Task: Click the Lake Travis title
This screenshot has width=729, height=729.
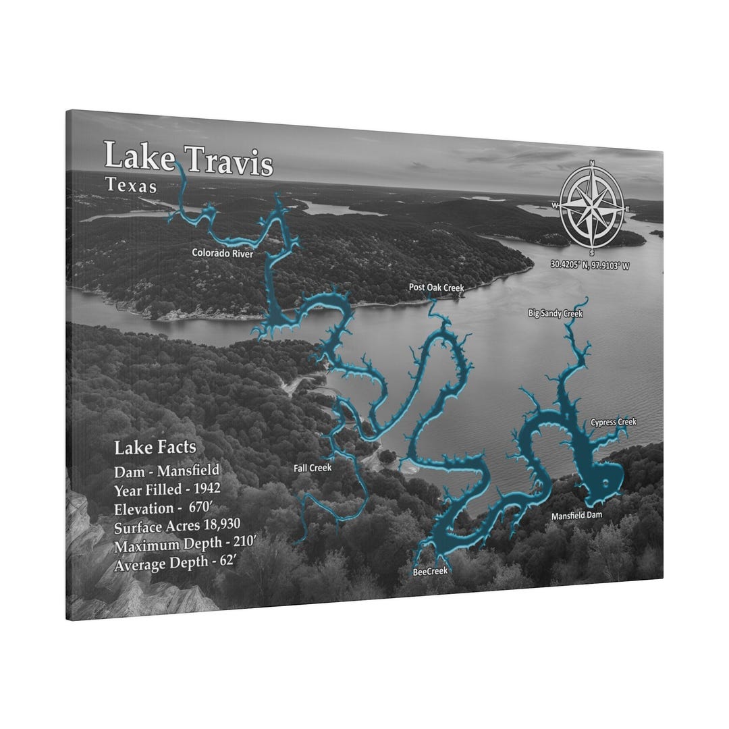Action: coord(188,159)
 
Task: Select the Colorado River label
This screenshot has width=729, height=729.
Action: coord(222,254)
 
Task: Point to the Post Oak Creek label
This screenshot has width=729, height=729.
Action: coord(437,288)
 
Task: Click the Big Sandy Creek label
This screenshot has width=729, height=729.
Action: coord(556,313)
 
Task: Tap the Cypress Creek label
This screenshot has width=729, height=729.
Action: coord(614,422)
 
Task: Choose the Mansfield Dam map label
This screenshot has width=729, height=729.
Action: coord(576,516)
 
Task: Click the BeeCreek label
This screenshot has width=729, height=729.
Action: coord(430,571)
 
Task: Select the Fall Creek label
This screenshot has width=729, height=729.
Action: coord(313,467)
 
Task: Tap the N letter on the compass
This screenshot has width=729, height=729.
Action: coord(592,163)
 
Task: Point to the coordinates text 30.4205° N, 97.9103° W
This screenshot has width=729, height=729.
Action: coord(590,266)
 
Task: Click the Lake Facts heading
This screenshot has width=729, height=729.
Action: coord(155,448)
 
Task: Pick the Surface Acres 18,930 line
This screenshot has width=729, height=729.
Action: coord(178,526)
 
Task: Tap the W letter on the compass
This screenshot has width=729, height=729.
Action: coord(556,205)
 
